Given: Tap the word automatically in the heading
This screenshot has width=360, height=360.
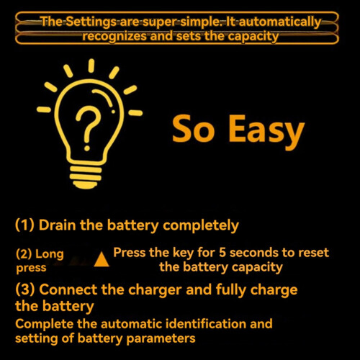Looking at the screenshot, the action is point(280,22).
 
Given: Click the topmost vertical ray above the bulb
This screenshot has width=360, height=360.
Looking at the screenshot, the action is point(91,66).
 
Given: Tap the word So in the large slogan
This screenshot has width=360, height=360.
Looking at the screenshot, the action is point(193,128).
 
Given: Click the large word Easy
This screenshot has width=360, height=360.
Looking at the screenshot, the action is point(266,132).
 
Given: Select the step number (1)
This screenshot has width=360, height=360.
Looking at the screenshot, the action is point(24,225).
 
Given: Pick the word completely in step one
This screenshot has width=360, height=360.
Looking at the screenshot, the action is point(201,225).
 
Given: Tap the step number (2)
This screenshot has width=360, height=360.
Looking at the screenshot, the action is point(24,254).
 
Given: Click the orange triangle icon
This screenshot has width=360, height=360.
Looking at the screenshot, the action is point(102,260).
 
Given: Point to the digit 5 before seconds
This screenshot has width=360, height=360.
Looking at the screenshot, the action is point(222,253).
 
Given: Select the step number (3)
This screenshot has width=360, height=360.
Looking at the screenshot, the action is point(25,289).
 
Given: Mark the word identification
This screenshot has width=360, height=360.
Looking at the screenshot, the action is point(206,323).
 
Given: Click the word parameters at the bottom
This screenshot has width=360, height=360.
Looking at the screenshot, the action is point(161,339).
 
